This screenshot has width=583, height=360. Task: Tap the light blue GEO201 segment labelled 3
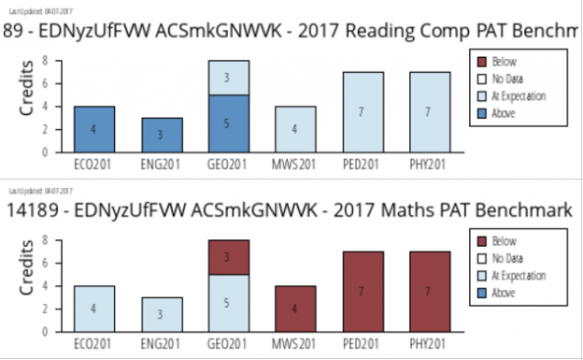[x=228, y=78]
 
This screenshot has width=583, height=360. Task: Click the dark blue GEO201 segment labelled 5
[x=228, y=122]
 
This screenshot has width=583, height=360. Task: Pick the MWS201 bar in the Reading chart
[x=294, y=129]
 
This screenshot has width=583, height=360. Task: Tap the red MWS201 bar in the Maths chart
[x=294, y=308]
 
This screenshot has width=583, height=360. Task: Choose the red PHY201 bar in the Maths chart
[x=429, y=291]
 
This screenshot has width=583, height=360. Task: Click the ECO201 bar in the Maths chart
[x=94, y=308]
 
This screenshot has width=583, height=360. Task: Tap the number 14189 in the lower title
[x=28, y=211]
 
